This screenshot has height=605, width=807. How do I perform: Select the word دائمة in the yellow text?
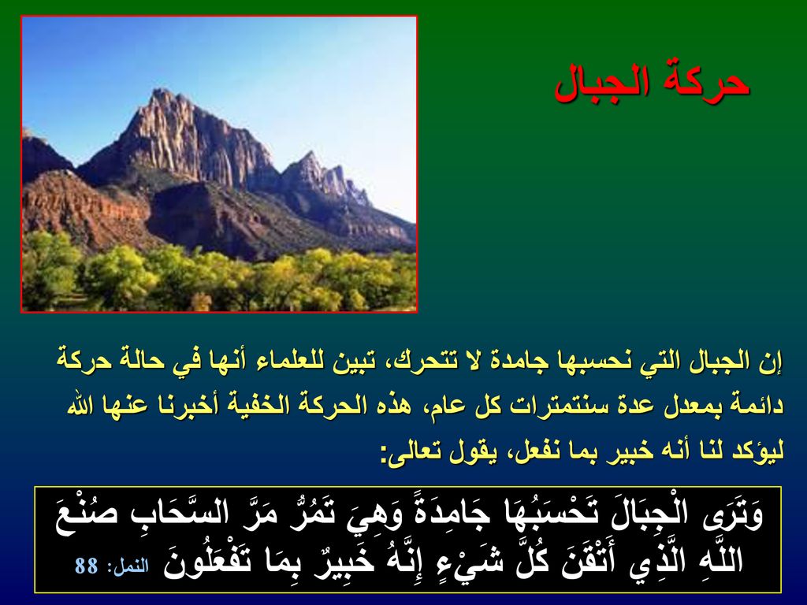[x=759, y=405]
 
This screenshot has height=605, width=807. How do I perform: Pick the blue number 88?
[x=87, y=566]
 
